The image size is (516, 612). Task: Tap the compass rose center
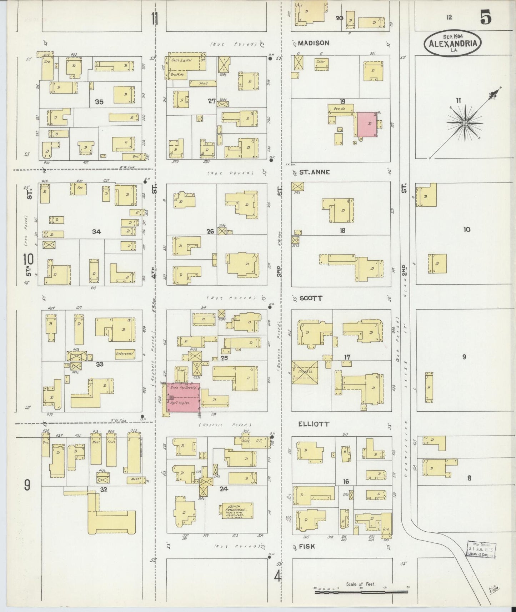(x=465, y=123)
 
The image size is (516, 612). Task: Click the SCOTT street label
(x=311, y=298)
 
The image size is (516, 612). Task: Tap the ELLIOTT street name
(x=314, y=424)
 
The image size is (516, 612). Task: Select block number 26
(x=210, y=231)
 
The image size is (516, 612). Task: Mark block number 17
(x=347, y=357)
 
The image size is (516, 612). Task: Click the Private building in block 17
(x=305, y=372)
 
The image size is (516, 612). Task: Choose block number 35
(x=99, y=102)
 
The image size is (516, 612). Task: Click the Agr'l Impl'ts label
(x=179, y=403)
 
